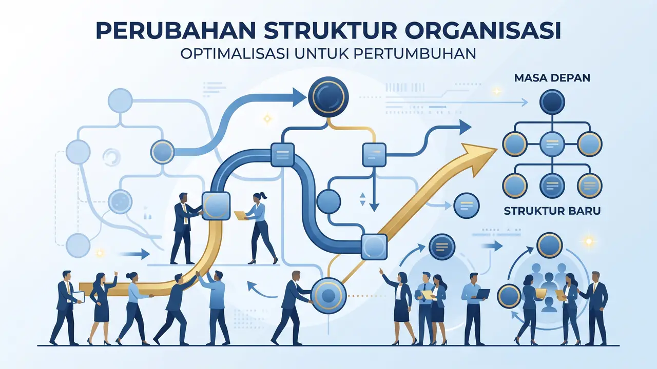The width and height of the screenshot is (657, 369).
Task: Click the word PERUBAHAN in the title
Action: click(x=175, y=30)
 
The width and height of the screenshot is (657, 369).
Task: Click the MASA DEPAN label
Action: click(x=552, y=78)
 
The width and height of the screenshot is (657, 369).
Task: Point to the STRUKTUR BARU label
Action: click(x=552, y=211)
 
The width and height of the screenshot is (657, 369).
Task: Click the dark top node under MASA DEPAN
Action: click(x=552, y=101)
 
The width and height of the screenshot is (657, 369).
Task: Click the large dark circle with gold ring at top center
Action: click(x=328, y=97)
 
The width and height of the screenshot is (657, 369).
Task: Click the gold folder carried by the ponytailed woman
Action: click(x=241, y=215)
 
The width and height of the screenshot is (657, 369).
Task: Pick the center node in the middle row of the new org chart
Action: click(x=552, y=144)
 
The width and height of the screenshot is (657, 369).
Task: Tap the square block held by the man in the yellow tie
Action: click(x=216, y=206)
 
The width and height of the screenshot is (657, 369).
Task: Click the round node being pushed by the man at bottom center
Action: click(x=328, y=295)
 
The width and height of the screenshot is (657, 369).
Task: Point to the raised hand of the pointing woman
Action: click(x=381, y=271)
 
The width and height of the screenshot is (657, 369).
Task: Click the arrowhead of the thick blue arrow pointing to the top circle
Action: click(x=299, y=97)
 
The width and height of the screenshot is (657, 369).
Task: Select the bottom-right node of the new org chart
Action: click(x=590, y=186)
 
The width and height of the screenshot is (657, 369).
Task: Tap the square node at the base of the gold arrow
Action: click(x=374, y=247)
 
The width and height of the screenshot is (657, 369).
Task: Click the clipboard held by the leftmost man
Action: click(x=79, y=297)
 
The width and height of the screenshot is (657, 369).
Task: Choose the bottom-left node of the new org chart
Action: click(x=514, y=186)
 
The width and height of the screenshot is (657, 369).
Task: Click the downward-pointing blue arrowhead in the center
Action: click(x=374, y=207)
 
